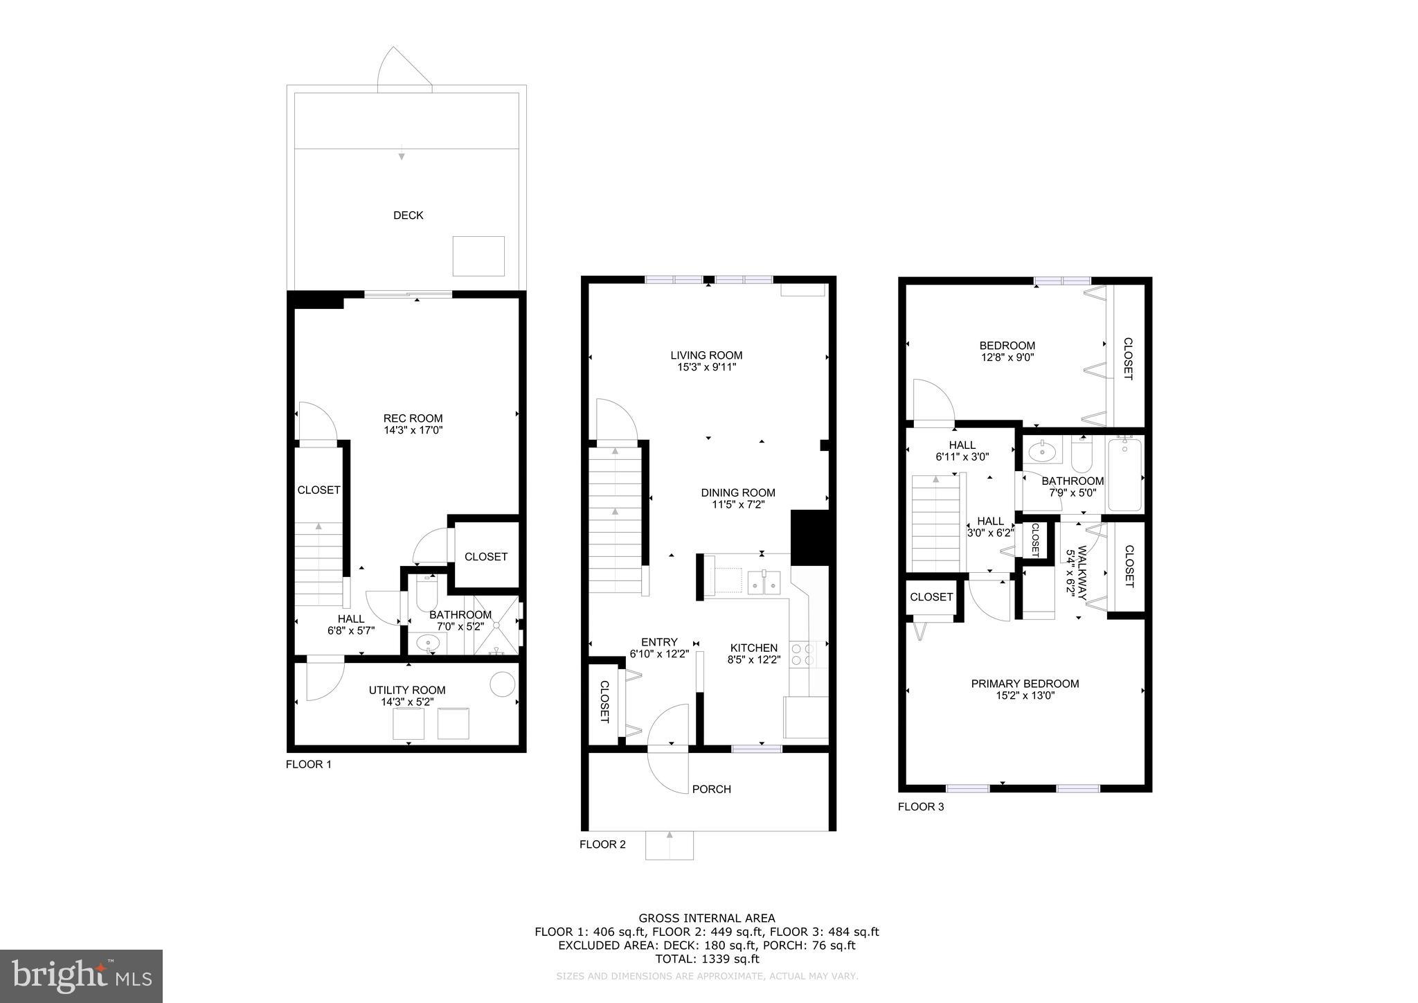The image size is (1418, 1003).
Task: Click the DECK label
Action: pos(408,215)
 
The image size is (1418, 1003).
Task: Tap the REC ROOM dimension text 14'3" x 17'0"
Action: pos(413,430)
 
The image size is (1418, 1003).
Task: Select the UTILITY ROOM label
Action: pos(406,690)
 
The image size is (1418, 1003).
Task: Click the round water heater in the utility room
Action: pos(502,684)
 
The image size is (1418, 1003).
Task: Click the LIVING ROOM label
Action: pos(706,355)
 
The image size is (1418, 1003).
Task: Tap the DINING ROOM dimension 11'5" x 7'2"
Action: pos(738,505)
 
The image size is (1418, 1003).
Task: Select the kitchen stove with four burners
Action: pos(802,655)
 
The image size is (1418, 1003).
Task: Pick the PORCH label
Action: pos(711,789)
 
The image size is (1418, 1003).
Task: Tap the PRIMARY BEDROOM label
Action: pos(1025,684)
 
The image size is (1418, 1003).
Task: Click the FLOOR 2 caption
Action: pos(602,844)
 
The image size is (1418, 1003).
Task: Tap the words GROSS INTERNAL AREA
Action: pos(706,918)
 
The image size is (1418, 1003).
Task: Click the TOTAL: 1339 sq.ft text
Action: pos(706,959)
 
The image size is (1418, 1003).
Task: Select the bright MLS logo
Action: pos(81,976)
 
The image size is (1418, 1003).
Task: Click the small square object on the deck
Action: pos(478,256)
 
